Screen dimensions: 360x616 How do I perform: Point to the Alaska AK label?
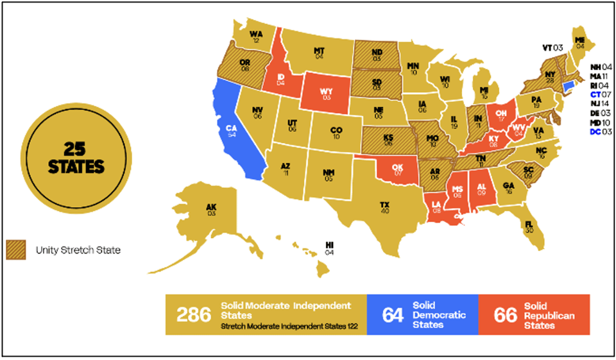click(x=211, y=208)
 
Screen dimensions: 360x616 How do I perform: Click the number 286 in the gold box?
click(x=193, y=314)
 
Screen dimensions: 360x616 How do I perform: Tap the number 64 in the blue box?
click(x=392, y=314)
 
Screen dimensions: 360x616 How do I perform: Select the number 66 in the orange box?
click(x=505, y=314)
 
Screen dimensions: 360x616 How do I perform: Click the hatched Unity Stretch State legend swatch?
click(x=15, y=250)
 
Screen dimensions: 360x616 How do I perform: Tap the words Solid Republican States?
click(x=549, y=315)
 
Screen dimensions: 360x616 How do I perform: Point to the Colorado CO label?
click(x=336, y=130)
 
